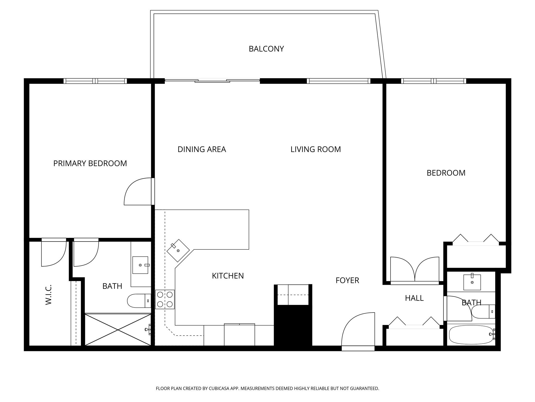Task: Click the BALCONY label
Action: point(266,49)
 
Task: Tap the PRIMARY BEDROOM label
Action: point(90,163)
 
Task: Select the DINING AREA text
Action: point(202,149)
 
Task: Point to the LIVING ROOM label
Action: point(316,149)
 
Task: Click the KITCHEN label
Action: point(228,276)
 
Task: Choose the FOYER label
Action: point(347,280)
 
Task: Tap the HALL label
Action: point(414,298)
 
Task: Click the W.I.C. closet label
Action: point(49,295)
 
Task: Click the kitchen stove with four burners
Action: point(165,299)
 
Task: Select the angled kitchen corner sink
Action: point(178,250)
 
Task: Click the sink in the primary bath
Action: point(140,265)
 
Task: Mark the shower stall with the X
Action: point(118,330)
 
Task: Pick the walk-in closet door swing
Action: point(54,253)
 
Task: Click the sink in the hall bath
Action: point(472,282)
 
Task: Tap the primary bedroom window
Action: point(95,81)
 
